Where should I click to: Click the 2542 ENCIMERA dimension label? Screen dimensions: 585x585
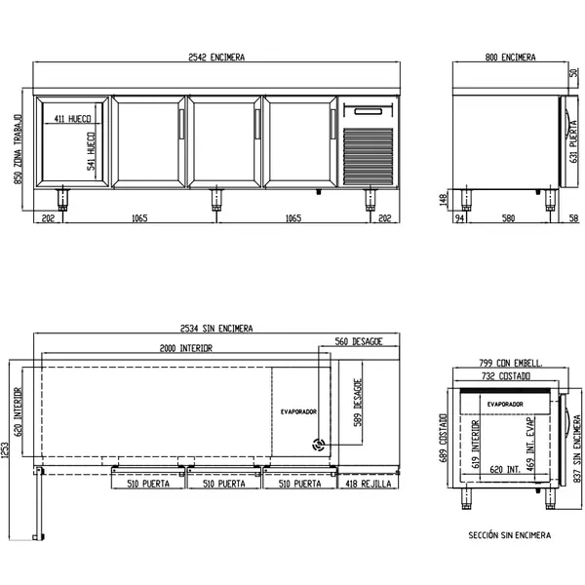(216, 58)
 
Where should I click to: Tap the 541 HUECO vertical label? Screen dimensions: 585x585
(91, 152)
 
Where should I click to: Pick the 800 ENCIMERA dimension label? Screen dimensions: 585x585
(510, 58)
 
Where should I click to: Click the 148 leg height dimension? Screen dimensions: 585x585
(444, 199)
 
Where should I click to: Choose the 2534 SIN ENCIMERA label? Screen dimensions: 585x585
(216, 329)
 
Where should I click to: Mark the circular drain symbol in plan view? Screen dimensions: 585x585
(318, 444)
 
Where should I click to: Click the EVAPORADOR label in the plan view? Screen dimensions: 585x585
(298, 411)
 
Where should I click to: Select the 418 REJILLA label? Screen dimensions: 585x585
(366, 483)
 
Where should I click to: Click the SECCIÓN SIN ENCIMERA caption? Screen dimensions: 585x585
(509, 535)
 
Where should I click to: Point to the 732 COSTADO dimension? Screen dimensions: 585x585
(507, 375)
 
